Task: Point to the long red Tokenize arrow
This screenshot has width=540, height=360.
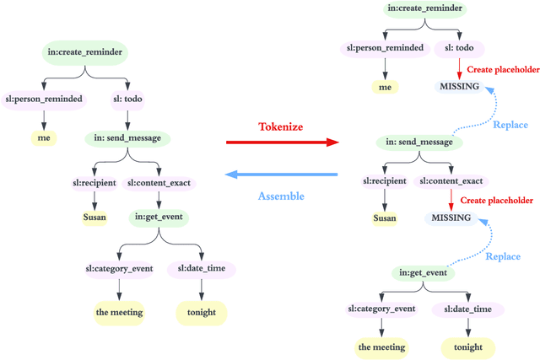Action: pyautogui.click(x=280, y=143)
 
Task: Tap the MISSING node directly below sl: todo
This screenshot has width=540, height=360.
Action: pyautogui.click(x=459, y=87)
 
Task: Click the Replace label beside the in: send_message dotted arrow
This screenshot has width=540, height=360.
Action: pyautogui.click(x=510, y=125)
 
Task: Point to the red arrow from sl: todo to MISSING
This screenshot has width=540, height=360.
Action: pyautogui.click(x=458, y=67)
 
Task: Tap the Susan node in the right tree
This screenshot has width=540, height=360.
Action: pyautogui.click(x=385, y=218)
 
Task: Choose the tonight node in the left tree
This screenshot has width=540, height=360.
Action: pyautogui.click(x=201, y=312)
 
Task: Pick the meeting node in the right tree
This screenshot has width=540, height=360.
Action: pyautogui.click(x=381, y=347)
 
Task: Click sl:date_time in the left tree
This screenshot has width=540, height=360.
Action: pyautogui.click(x=201, y=269)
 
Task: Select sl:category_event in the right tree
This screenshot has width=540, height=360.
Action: pyautogui.click(x=381, y=309)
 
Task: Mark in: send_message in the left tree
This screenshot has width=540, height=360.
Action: pyautogui.click(x=127, y=138)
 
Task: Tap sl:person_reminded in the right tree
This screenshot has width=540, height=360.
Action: pyautogui.click(x=385, y=49)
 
